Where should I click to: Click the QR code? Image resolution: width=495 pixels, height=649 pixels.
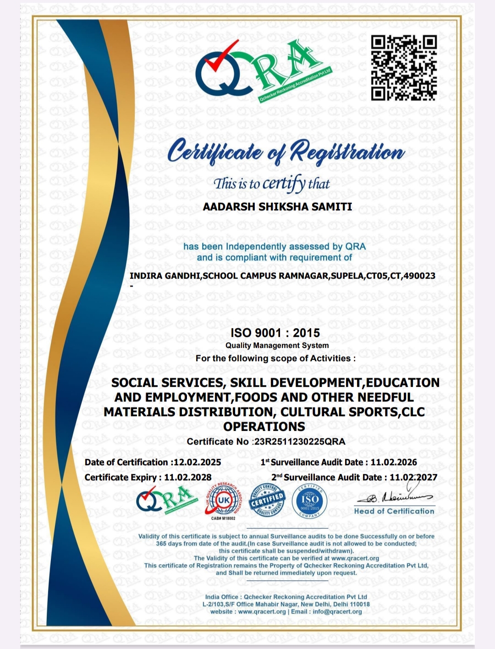pyautogui.click(x=403, y=67)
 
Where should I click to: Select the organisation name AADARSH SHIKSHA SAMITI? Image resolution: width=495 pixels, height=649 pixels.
pyautogui.click(x=277, y=207)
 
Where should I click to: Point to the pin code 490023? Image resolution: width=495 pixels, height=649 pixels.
pyautogui.click(x=419, y=276)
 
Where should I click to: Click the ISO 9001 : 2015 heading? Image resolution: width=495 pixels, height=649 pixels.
pyautogui.click(x=275, y=333)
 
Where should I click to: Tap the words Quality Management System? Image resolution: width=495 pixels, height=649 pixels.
pyautogui.click(x=277, y=346)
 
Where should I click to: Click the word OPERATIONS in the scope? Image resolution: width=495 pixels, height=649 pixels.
pyautogui.click(x=264, y=427)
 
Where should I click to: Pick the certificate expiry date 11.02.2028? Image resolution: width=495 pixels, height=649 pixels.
pyautogui.click(x=188, y=477)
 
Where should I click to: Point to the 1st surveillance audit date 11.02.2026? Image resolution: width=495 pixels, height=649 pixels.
pyautogui.click(x=394, y=462)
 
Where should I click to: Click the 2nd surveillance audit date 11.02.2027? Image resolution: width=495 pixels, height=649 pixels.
pyautogui.click(x=413, y=477)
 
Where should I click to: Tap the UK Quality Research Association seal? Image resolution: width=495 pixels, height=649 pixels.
pyautogui.click(x=223, y=501)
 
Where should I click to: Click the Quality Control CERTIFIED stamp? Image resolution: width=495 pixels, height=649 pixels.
pyautogui.click(x=267, y=500)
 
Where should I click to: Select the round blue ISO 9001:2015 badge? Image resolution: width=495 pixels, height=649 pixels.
pyautogui.click(x=310, y=501)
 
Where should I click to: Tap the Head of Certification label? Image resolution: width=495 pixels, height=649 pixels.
pyautogui.click(x=394, y=511)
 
